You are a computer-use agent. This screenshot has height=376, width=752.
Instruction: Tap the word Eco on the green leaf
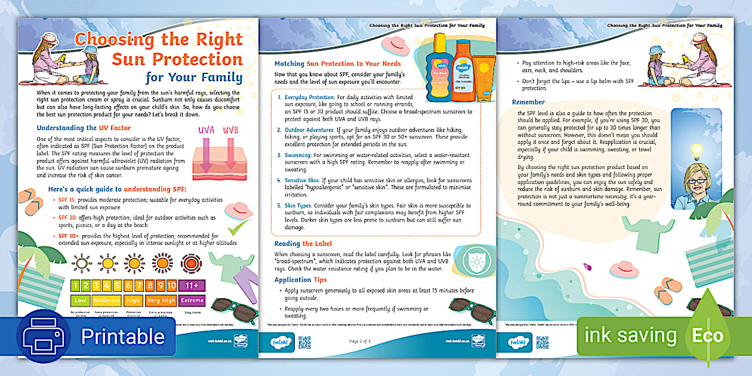[x=707, y=335]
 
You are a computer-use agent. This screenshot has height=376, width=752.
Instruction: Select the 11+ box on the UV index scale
[x=192, y=286]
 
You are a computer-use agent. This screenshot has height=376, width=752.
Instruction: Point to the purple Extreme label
[x=192, y=301]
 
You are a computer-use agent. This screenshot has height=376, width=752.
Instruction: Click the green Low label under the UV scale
[x=81, y=301]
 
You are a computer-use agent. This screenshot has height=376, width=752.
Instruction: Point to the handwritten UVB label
[x=230, y=130]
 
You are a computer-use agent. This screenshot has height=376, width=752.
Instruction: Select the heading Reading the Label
[x=303, y=244]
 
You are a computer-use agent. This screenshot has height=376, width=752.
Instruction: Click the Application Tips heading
[x=301, y=279]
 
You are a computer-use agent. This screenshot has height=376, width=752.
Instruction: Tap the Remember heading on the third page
[x=528, y=102]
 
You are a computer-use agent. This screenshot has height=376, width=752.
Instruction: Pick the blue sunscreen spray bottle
[x=439, y=69]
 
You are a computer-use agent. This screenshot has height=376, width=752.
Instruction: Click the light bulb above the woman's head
[x=696, y=150]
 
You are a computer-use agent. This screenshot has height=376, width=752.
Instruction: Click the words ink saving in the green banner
[x=631, y=335]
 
